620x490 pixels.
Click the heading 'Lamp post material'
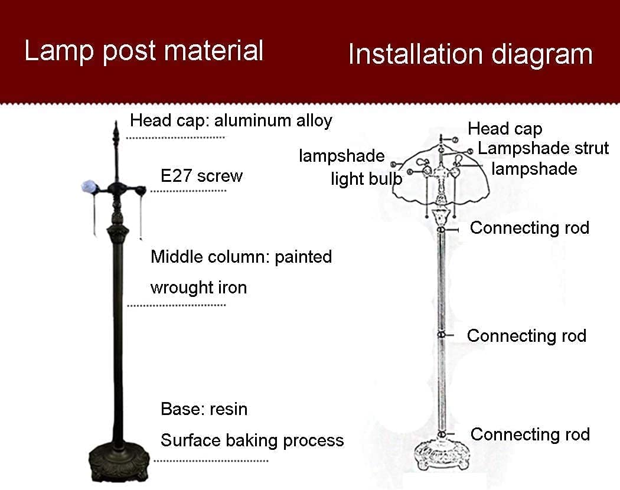[143, 51]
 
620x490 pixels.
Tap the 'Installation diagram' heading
[470, 54]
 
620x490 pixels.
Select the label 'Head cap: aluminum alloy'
[231, 121]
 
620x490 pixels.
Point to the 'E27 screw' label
[201, 176]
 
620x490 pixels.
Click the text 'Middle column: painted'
[241, 257]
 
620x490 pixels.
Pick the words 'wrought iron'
[198, 288]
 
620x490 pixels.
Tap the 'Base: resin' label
[204, 409]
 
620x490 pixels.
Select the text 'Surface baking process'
[252, 440]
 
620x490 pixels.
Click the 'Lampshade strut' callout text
[543, 148]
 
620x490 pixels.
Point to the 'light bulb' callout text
[366, 179]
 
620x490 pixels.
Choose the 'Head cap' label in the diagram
[505, 129]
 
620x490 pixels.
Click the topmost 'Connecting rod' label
[530, 227]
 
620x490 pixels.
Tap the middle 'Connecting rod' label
[527, 336]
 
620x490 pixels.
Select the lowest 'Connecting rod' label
[530, 435]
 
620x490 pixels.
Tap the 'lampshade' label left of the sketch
[341, 156]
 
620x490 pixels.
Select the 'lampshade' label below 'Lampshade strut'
[534, 169]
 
